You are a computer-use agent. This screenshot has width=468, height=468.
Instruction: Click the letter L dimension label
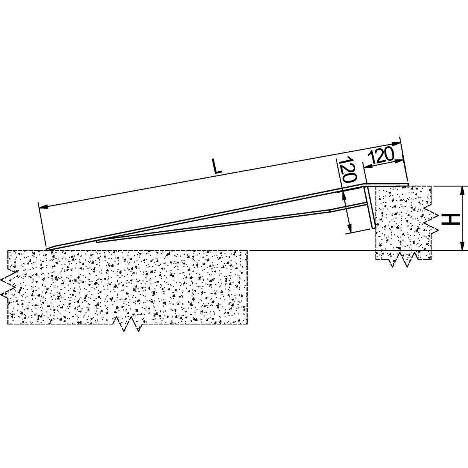[218, 167]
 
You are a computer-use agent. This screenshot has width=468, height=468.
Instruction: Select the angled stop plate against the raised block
[369, 207]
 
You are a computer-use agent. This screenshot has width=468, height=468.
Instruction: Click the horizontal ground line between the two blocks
[312, 250]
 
